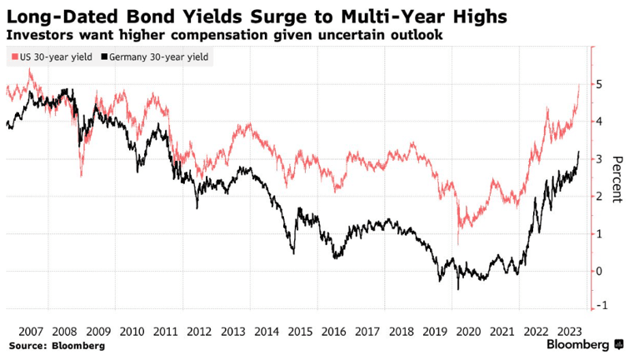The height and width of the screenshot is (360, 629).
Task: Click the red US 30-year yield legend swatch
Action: [x=10, y=57]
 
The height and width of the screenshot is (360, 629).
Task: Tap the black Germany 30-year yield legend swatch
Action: [x=104, y=57]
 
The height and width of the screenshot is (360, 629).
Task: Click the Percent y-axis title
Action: [x=617, y=178]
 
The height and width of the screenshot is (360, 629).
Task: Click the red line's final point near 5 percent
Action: [x=579, y=84]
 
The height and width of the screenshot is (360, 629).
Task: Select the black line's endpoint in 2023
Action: [x=579, y=152]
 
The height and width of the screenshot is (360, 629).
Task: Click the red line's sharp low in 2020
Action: [x=458, y=243]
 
